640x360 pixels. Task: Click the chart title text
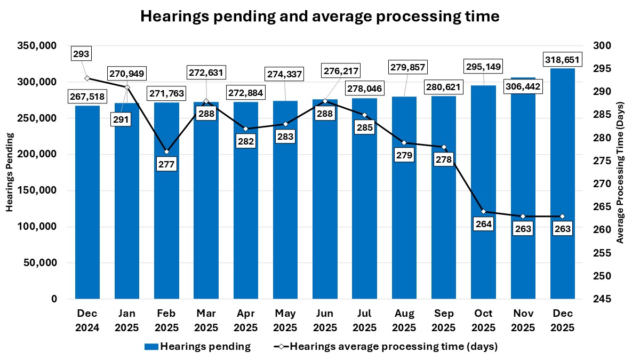tap(319, 17)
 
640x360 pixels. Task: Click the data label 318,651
tap(562, 59)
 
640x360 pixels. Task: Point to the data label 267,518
tap(87, 96)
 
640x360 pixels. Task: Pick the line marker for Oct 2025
tap(484, 212)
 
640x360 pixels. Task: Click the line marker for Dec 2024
tap(87, 78)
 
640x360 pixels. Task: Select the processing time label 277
tap(166, 164)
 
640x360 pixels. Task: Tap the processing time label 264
tap(484, 224)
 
